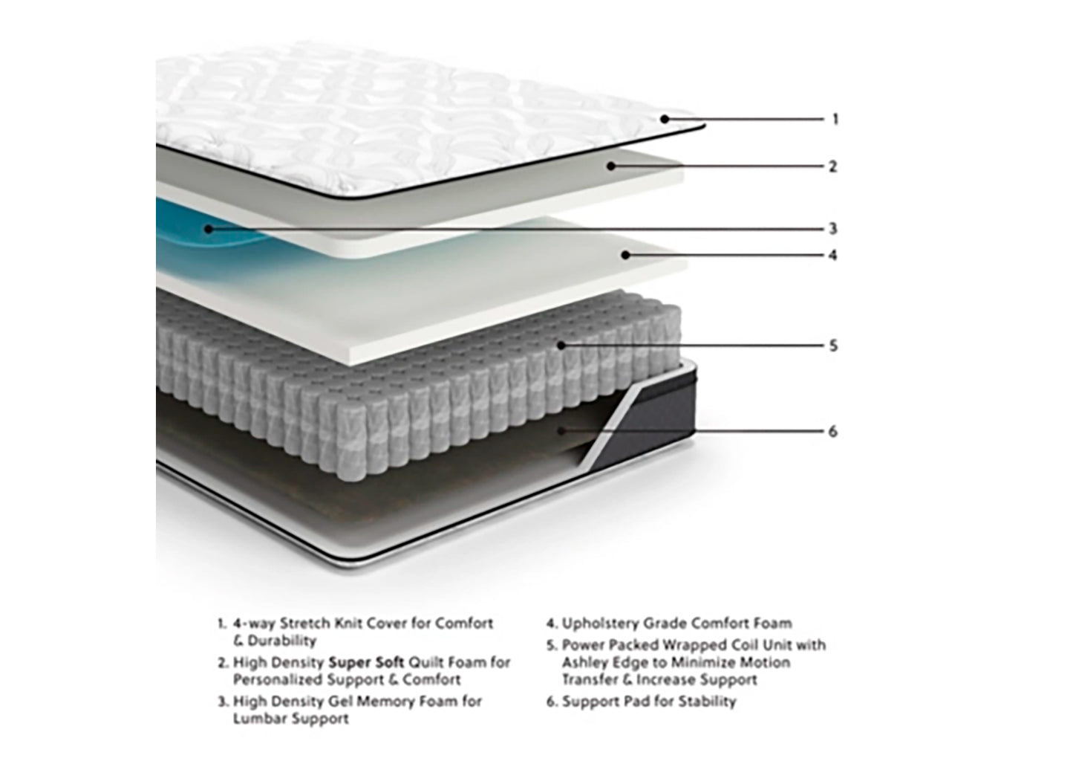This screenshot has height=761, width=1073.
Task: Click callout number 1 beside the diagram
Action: click(x=835, y=119)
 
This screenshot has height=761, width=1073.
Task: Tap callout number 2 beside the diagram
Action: click(x=832, y=166)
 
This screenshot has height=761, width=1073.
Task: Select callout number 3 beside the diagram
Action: click(x=833, y=229)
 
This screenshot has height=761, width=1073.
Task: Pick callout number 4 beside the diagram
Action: click(x=832, y=255)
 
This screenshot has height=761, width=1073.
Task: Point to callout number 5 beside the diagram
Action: click(x=833, y=346)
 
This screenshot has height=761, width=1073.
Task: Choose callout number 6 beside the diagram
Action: click(x=832, y=431)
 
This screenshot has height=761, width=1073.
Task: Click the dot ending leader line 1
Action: click(x=665, y=118)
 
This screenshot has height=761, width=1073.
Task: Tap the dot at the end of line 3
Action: click(x=209, y=228)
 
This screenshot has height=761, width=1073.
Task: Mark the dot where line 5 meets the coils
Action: click(x=561, y=345)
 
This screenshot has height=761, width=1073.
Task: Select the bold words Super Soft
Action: click(x=365, y=661)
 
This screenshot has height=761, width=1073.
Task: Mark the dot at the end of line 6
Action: click(x=562, y=430)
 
